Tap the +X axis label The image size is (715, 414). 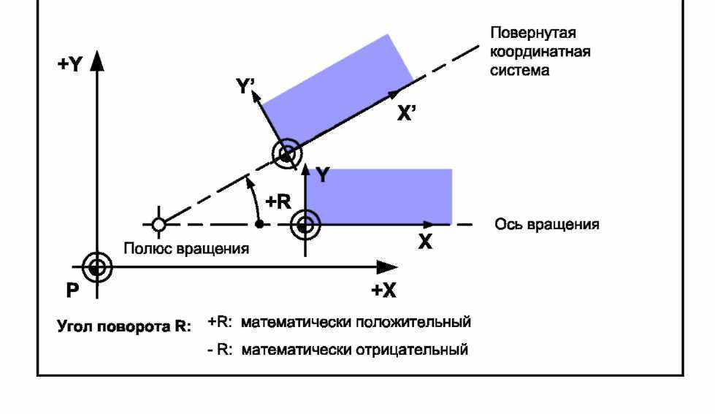coord(383,290)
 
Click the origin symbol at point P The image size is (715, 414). coord(96,267)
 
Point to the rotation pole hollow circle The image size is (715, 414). coord(158,223)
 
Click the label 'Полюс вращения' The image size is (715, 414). coord(186,248)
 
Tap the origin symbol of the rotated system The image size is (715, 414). coord(286,153)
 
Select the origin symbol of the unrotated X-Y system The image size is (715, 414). coord(305,224)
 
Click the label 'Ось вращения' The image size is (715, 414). coord(547,224)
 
